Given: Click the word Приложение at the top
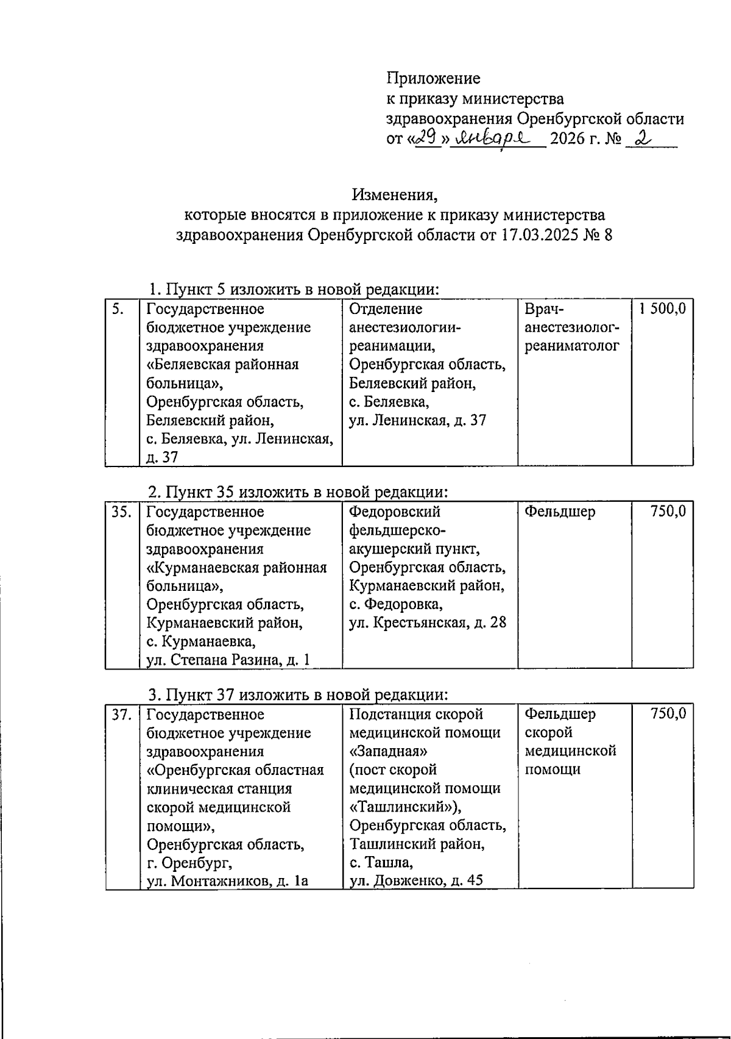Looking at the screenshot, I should (433, 78).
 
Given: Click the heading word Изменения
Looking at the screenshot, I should (394, 195).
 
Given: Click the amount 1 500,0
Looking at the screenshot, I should (662, 309).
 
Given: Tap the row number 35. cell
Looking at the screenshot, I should (121, 512).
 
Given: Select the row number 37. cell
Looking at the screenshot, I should (121, 714).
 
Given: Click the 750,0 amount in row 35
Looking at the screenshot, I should (668, 512).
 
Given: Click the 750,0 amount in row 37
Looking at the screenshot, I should (668, 714).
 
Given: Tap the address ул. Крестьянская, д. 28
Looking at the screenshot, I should (427, 623).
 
